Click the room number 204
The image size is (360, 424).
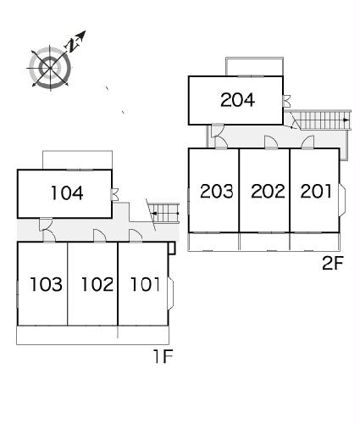(x=237, y=100)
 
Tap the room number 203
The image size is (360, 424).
(x=217, y=191)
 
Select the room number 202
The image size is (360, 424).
(x=268, y=191)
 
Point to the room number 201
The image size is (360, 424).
(x=316, y=191)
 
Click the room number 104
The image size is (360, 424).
(x=67, y=193)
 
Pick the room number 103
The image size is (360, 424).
(x=46, y=284)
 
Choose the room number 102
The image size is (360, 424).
(x=97, y=284)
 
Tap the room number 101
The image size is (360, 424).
(x=145, y=284)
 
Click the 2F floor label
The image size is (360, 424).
(x=333, y=264)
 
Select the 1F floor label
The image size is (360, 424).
(x=163, y=355)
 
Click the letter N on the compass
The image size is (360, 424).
(x=72, y=45)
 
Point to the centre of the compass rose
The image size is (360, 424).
(x=50, y=68)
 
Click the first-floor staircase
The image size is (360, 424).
(x=164, y=213)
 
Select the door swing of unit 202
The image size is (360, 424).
(x=271, y=142)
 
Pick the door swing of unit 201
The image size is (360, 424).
(x=307, y=142)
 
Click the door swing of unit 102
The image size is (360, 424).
(x=100, y=236)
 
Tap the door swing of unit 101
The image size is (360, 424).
(x=136, y=236)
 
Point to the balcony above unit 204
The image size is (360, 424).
(x=254, y=67)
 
